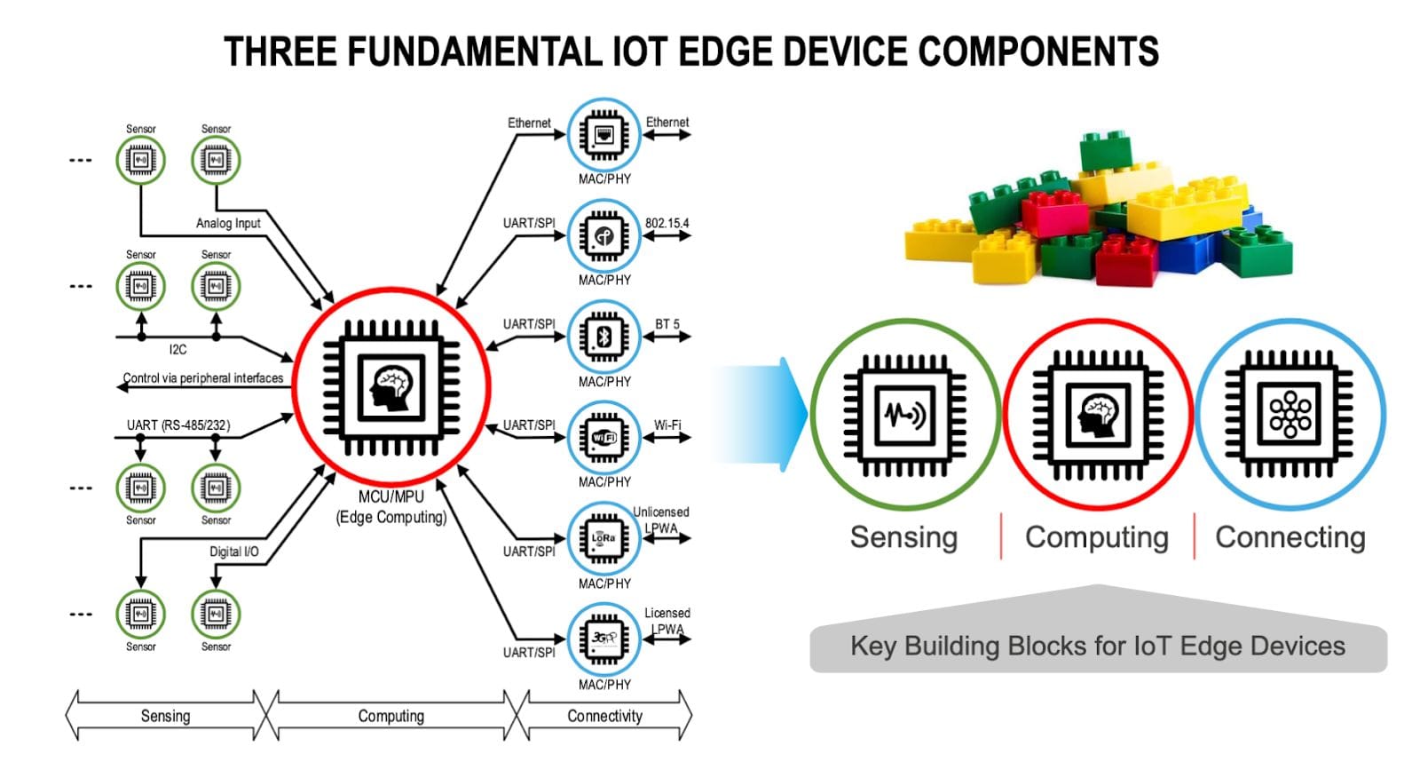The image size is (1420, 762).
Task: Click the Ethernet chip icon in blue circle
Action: coord(603,135)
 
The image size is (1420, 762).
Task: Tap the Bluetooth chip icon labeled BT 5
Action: coord(603,337)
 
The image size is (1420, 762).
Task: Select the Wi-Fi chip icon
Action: coord(603,437)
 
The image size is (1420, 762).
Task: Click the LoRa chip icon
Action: coord(603,538)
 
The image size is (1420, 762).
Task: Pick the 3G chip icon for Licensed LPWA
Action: coord(603,639)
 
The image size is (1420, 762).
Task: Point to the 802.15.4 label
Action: coord(667,223)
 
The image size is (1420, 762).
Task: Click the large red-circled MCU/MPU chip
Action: coord(390,387)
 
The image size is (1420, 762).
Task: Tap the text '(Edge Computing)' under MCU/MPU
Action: coord(390,517)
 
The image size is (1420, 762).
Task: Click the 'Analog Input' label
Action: coord(228,223)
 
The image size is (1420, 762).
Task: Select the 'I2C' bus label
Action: coord(177,349)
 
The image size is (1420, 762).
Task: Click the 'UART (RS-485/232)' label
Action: coord(177,425)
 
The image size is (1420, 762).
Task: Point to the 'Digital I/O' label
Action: coord(233,552)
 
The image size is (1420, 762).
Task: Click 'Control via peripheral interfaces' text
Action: coord(202,378)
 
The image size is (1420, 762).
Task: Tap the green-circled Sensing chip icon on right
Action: coord(903,414)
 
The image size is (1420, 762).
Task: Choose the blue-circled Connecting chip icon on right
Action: coord(1290,414)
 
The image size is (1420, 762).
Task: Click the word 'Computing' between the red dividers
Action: coord(1096,537)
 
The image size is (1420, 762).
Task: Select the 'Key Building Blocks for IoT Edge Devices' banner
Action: coord(1097,646)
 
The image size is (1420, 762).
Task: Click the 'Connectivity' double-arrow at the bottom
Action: coord(604,716)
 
